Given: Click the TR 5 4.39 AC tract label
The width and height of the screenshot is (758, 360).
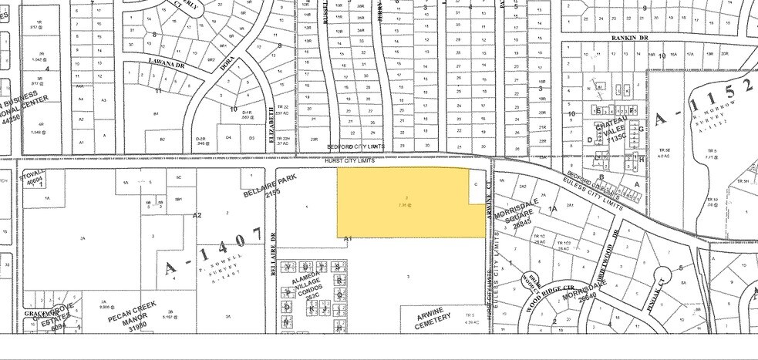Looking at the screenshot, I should [x=468, y=318].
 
